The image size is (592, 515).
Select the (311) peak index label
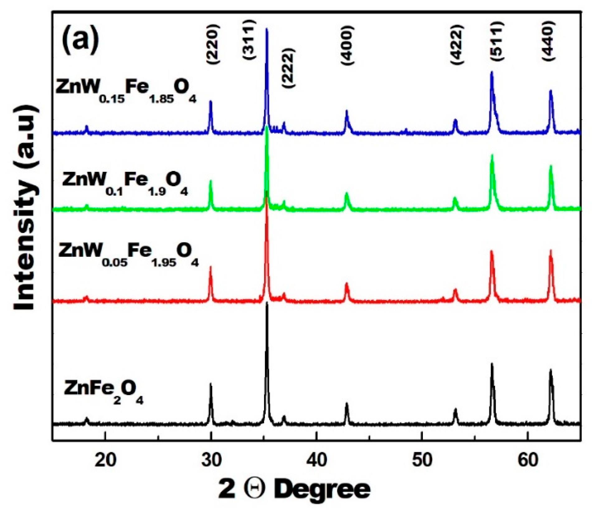tap(249, 39)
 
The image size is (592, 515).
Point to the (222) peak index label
tap(287, 68)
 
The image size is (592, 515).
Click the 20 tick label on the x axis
tap(106, 460)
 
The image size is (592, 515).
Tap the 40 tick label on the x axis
tap(316, 460)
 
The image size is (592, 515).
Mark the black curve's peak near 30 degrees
tap(211, 384)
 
